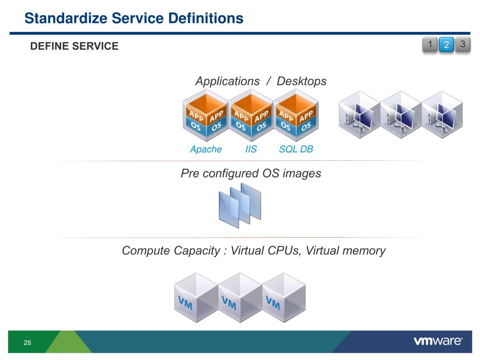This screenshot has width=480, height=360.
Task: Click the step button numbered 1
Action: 430,45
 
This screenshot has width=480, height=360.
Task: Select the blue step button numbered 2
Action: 446,45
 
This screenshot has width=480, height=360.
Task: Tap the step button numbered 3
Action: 463,45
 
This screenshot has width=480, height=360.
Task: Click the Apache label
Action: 206,149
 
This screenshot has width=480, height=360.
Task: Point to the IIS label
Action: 251,149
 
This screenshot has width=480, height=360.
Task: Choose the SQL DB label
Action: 296,149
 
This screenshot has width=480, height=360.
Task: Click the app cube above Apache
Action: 206,115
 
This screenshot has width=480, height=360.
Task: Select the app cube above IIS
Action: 251,115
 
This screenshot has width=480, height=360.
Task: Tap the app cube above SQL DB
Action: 296,115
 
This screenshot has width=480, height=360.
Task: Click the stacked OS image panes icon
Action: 240,205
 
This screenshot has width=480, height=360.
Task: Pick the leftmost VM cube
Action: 196,298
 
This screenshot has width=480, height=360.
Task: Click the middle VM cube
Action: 240,298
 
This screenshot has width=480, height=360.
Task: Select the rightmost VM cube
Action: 284,298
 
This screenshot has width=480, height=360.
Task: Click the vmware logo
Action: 438,341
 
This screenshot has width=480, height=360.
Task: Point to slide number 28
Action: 27,343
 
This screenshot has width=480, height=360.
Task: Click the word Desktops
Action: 301,81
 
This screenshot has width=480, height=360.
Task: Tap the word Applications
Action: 227,82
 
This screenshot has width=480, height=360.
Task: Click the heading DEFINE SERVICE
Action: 75,46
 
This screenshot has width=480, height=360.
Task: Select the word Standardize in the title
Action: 66,18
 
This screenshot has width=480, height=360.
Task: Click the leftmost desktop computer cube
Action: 360,115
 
